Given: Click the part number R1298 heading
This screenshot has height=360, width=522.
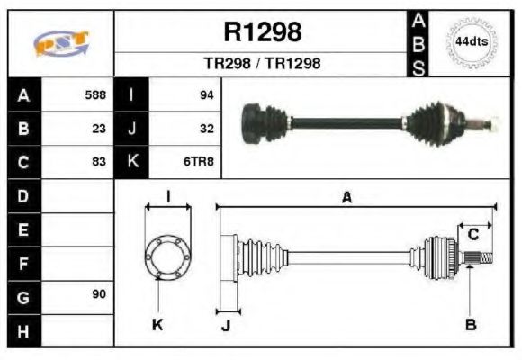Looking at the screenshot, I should click(x=261, y=33).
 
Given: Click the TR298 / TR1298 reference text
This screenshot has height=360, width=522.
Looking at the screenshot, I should click(x=261, y=64).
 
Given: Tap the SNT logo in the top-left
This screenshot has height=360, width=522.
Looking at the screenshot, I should click(x=60, y=43).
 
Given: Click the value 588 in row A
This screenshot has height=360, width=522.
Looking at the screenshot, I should click(x=95, y=94).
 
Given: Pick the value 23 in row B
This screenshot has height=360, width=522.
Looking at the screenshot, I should click(x=99, y=128).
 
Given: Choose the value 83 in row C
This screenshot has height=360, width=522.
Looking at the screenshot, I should click(x=99, y=162).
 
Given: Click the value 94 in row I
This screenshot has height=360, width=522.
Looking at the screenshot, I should click(x=206, y=94).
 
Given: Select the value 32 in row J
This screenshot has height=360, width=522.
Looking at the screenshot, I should click(x=206, y=128).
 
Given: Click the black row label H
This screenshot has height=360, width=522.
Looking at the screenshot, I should click(x=23, y=329).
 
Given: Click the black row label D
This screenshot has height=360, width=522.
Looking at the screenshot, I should click(x=23, y=195).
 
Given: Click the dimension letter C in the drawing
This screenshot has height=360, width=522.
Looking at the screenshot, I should click(x=472, y=235).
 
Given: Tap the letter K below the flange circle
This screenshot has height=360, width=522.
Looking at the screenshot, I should click(x=157, y=325).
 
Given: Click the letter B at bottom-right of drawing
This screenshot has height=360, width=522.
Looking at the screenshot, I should click(x=470, y=324).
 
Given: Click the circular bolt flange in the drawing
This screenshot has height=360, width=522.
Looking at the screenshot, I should click(x=167, y=256).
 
